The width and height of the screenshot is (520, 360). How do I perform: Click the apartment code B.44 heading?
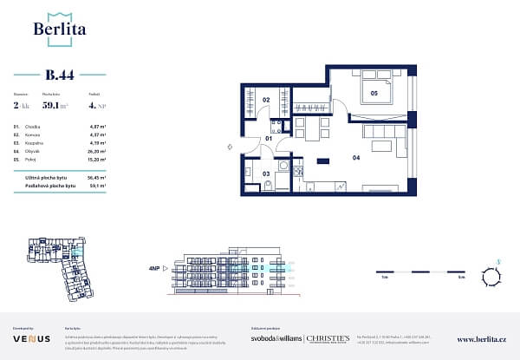60,75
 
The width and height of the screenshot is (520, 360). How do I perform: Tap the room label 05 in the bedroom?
374,92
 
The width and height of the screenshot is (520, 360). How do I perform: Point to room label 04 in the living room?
355,158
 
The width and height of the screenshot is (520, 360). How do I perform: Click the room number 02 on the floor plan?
267,101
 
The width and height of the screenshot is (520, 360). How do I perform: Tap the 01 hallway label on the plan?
269,139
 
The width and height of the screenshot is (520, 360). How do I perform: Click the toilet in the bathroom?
269,185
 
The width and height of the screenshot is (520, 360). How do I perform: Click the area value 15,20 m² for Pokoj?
96,159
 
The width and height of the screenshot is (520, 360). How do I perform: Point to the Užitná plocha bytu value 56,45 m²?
96,176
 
